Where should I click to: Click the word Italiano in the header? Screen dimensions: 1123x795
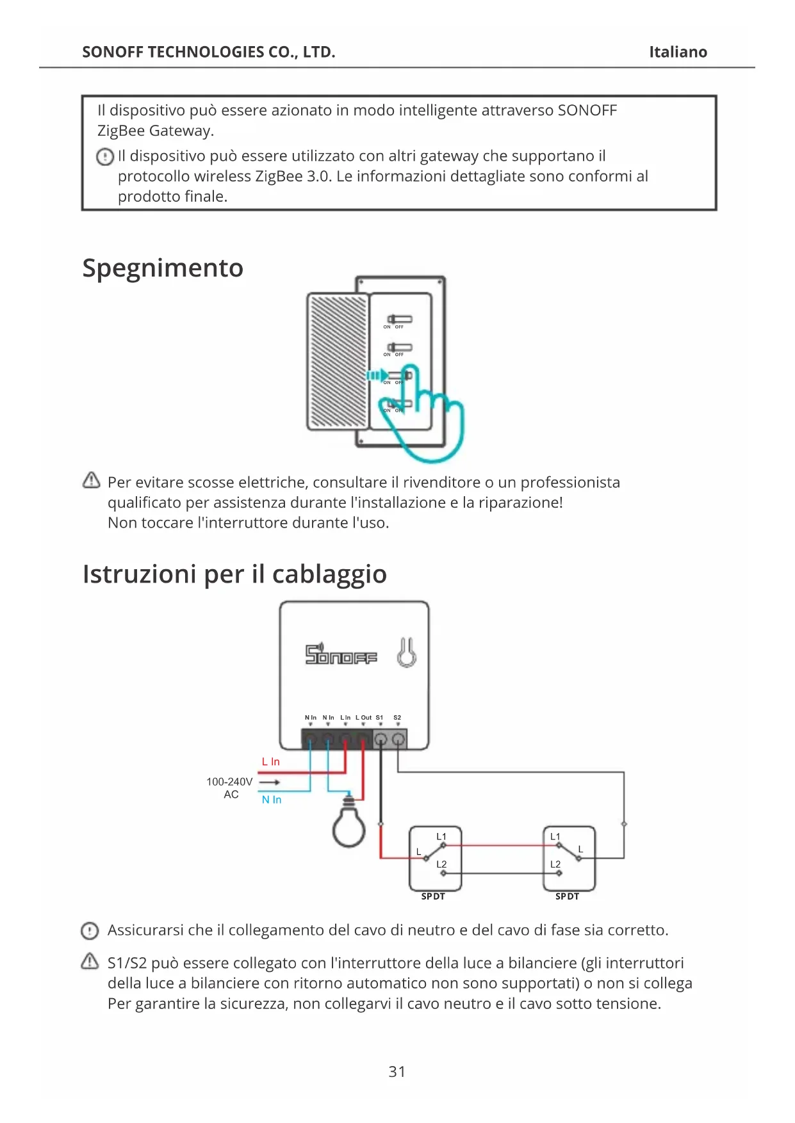(x=678, y=52)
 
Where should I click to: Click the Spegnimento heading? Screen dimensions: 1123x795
(x=163, y=268)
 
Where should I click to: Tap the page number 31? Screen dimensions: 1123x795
(x=397, y=1071)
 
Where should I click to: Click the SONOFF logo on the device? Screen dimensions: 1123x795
(x=341, y=654)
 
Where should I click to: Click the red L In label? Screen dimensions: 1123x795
(x=270, y=762)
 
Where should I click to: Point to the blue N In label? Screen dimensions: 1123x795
(x=272, y=800)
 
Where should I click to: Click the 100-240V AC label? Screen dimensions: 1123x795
(x=229, y=788)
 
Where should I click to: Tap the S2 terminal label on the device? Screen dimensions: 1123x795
(x=397, y=718)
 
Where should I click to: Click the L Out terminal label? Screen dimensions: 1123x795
(x=363, y=718)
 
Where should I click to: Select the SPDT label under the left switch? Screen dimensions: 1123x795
(x=433, y=896)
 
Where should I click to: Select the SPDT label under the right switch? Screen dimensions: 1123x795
(x=567, y=896)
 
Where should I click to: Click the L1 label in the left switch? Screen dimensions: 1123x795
(x=441, y=837)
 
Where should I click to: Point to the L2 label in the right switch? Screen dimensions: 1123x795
(x=555, y=864)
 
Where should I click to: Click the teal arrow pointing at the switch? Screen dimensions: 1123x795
(x=377, y=375)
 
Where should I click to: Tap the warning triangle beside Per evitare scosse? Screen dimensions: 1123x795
(x=92, y=480)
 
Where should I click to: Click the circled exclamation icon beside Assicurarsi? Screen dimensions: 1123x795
(x=90, y=930)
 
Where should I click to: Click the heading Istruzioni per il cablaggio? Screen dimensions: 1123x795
(x=234, y=574)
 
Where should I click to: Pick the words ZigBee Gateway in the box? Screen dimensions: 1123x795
(x=155, y=131)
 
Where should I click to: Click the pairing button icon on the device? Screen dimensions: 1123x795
(x=406, y=653)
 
